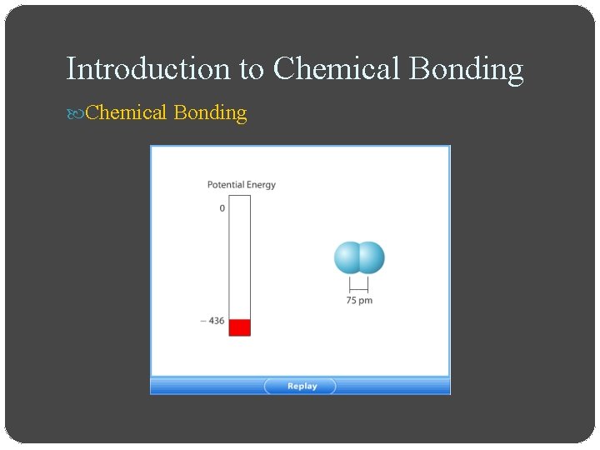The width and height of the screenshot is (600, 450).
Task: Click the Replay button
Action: tap(301, 386)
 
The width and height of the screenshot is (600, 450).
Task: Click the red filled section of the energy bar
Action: tap(239, 327)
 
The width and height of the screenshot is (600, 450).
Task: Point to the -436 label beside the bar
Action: tap(213, 321)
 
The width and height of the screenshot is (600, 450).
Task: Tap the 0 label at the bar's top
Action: tap(222, 208)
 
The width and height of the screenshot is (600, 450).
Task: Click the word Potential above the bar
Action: tap(225, 185)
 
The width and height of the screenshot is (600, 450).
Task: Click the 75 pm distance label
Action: tap(359, 300)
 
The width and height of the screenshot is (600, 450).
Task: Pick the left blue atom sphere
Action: tap(347, 257)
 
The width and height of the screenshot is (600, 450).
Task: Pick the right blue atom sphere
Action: tap(372, 257)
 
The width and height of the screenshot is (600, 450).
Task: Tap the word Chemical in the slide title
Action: tap(337, 68)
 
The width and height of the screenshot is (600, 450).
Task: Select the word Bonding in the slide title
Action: tap(466, 68)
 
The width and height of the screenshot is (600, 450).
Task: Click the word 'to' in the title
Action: tap(251, 68)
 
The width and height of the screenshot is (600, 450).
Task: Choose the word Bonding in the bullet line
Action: tap(210, 112)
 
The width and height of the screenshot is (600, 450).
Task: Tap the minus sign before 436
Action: tap(203, 321)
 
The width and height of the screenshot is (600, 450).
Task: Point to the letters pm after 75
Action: tap(366, 300)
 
